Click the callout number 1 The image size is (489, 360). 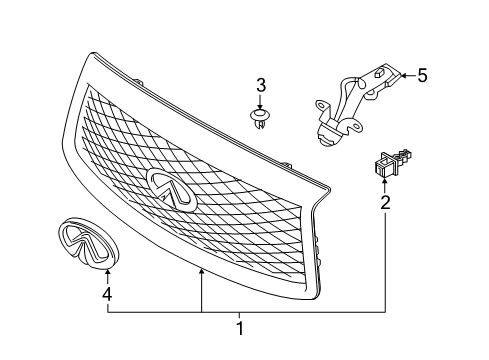coord(239,327)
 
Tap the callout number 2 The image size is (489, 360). coord(385,203)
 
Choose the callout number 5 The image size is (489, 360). coord(421,74)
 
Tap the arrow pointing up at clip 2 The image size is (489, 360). coord(385,185)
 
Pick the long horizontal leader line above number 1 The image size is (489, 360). coord(240,312)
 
